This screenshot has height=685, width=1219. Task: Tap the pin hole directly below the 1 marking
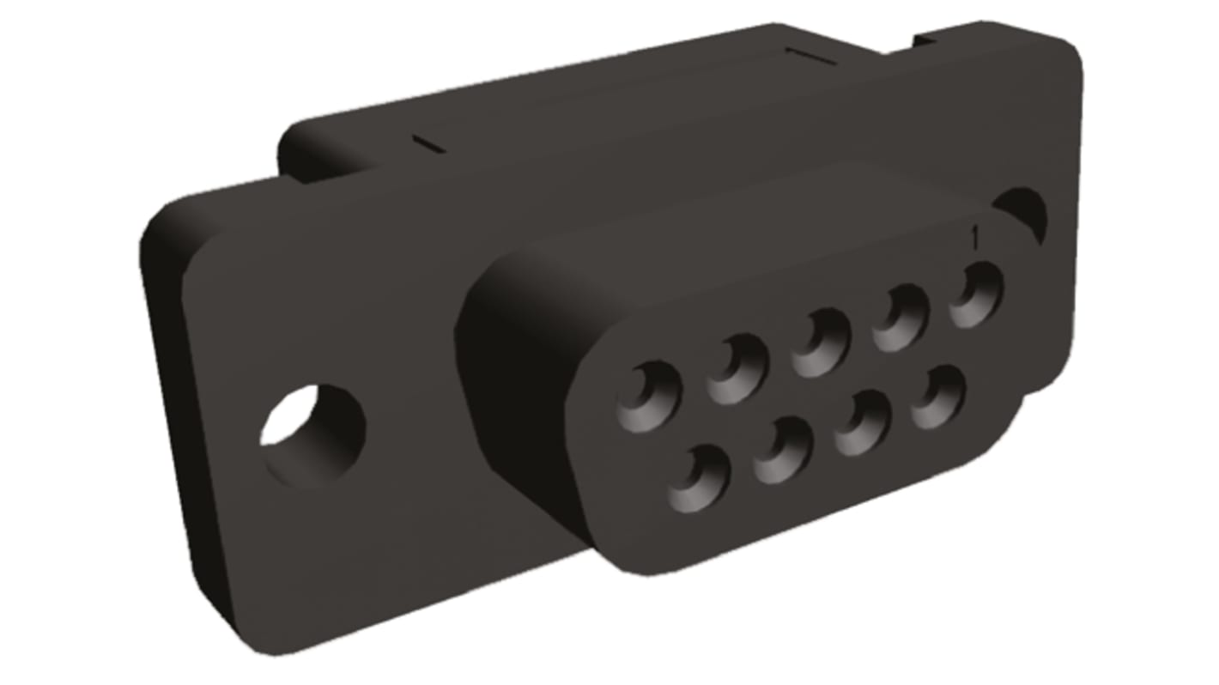click(x=975, y=294)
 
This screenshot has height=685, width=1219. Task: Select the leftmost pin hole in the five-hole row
click(x=648, y=397)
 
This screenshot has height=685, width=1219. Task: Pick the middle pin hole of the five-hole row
click(x=820, y=342)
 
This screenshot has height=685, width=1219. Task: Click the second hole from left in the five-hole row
click(x=737, y=369)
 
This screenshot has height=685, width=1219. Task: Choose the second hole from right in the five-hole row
click(x=900, y=318)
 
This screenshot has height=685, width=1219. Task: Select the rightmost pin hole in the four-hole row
click(x=937, y=397)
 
